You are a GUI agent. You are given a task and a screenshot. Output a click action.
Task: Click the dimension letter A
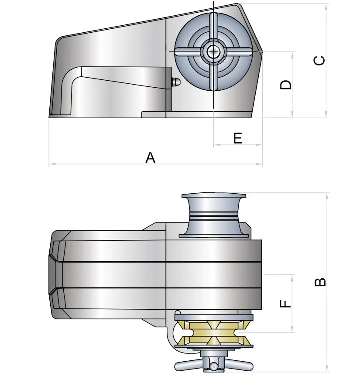pos(150,157)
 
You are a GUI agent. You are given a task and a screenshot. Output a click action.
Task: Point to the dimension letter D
pos(286,85)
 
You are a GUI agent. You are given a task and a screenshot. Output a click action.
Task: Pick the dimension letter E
pos(237,138)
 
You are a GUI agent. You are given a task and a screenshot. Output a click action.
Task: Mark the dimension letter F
pos(286,303)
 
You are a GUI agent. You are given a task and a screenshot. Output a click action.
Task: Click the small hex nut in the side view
pos(174,82)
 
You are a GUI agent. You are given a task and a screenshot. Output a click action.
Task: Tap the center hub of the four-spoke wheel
pos(213,52)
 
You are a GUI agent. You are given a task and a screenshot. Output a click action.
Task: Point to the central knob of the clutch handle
pos(213,366)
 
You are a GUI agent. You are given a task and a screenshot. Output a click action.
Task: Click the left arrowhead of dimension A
pos(51,164)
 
